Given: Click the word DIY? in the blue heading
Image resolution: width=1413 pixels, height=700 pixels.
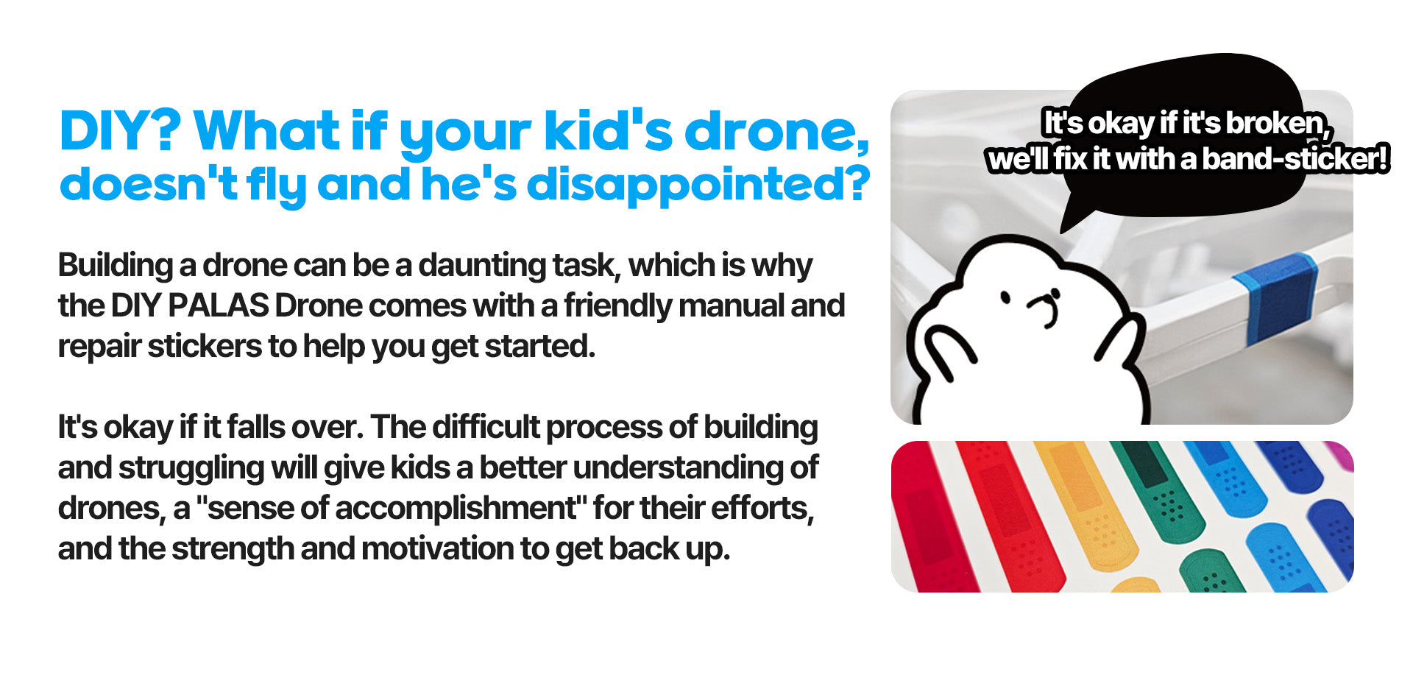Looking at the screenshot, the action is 121,131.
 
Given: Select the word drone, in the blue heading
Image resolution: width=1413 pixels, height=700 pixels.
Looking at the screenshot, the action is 777,132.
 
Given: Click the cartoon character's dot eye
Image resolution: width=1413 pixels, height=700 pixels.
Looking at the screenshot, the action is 1005,298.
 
